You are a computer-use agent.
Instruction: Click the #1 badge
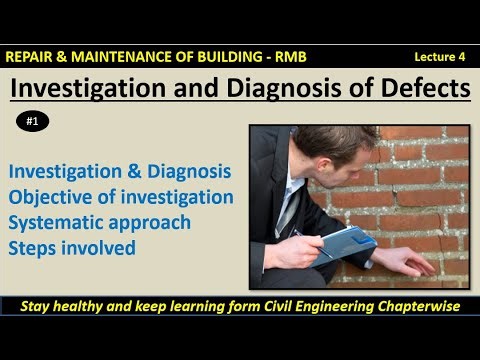pos(33,122)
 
